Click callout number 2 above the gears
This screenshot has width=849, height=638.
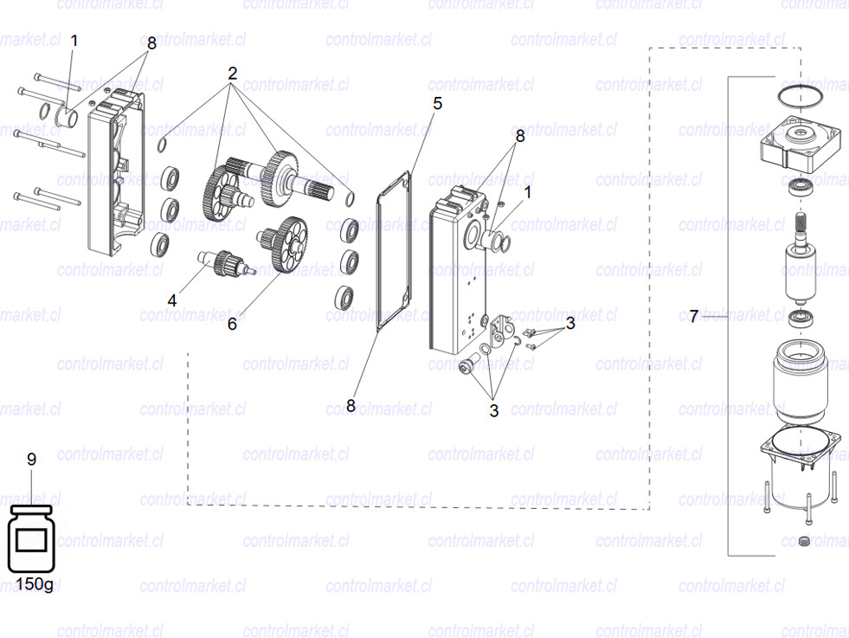(232, 74)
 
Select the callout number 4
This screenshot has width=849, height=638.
(172, 300)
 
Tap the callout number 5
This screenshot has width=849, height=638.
(437, 104)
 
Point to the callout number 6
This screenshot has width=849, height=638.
(232, 324)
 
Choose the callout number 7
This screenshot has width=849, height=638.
(693, 317)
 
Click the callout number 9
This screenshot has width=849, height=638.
(31, 460)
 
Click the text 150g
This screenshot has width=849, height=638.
(34, 585)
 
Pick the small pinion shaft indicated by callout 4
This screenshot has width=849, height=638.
(226, 260)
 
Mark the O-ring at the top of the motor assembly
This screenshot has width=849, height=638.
(799, 93)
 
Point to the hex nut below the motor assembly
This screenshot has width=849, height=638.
(803, 542)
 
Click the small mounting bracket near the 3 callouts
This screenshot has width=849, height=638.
(502, 332)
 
